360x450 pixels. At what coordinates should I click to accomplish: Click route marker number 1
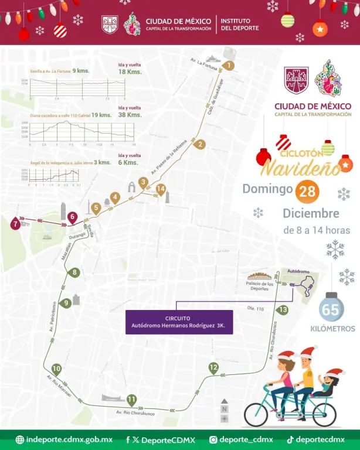coord(229,66)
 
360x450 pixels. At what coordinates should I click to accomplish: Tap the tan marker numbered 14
coord(161,189)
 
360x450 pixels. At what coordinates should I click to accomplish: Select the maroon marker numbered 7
coord(15,222)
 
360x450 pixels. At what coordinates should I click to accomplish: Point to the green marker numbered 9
coord(66,302)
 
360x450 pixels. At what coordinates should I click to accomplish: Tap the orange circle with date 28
coord(307,192)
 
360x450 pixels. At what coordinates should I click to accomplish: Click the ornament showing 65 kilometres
coord(331,309)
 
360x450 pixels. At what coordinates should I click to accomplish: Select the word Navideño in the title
coord(300,168)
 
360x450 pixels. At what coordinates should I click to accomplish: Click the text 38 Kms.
coord(130,115)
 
